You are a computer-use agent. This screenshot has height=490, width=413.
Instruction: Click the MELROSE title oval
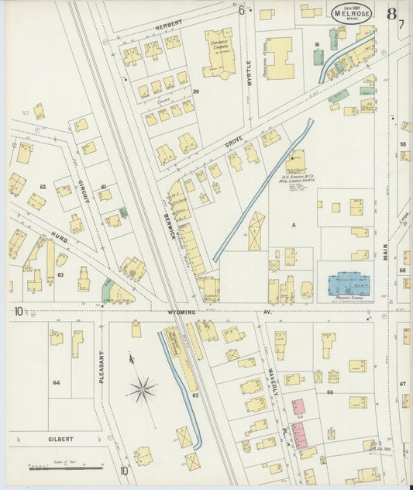click(x=353, y=12)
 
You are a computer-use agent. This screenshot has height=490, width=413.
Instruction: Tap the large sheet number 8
click(x=393, y=13)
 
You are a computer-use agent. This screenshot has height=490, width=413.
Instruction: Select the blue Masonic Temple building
click(x=349, y=284)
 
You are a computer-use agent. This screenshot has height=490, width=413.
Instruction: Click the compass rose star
click(x=142, y=388)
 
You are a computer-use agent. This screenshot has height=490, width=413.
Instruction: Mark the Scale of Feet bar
click(x=65, y=468)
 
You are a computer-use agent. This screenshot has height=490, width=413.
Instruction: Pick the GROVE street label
click(x=235, y=141)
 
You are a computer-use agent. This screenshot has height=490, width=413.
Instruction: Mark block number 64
click(x=56, y=382)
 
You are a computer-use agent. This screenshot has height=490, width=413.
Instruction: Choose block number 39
click(x=196, y=92)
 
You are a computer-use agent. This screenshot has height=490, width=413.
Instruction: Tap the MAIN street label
click(x=384, y=252)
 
